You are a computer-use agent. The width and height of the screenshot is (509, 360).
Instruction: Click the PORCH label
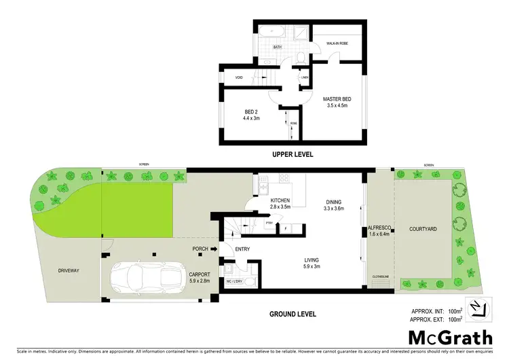tap(200, 249)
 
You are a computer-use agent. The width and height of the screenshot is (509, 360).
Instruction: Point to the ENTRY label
tap(242, 249)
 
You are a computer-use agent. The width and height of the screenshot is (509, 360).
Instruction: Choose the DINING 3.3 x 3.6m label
tap(333, 204)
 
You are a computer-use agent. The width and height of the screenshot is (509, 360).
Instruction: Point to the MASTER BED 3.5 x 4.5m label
tap(337, 103)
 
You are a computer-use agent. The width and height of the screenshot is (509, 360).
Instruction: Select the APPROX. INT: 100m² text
tap(437, 311)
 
